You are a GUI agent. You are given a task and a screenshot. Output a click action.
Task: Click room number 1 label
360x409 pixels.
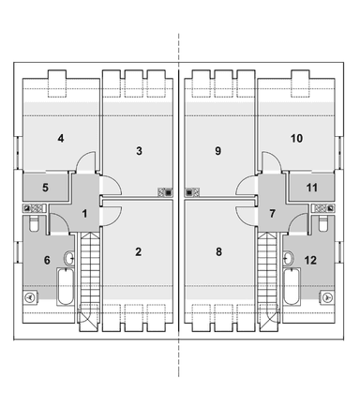tap(84, 214)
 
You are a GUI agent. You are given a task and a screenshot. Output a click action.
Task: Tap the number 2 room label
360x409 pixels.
tap(138, 251)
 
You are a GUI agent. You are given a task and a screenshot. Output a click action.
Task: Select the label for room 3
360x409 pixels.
tap(139, 151)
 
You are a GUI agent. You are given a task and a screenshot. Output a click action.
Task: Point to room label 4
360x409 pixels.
tap(61, 138)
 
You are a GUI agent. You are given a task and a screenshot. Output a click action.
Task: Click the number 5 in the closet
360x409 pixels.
tap(46, 188)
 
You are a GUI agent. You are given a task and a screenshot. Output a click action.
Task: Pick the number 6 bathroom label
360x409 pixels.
tap(47, 260)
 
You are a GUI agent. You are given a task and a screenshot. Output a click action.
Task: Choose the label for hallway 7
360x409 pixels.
tap(272, 214)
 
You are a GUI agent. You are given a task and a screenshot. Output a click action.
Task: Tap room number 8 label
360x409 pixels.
tap(218, 251)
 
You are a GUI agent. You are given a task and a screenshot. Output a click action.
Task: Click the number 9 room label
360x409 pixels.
tap(218, 151)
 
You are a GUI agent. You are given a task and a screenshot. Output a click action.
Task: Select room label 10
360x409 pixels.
tap(296, 138)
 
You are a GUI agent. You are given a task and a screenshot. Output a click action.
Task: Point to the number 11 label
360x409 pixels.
tap(312, 188)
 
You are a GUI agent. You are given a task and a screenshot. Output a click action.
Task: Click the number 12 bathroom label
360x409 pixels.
tap(310, 260)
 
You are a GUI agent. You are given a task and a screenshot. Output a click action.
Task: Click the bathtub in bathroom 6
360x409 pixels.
tap(66, 287)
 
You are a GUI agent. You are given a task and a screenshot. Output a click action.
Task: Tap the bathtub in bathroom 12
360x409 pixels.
tap(292, 287)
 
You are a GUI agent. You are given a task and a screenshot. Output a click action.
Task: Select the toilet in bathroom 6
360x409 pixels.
tap(33, 224)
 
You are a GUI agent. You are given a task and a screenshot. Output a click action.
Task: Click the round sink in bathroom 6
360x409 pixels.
tap(69, 259)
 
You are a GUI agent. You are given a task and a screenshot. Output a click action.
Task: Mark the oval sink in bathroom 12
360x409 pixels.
tap(289, 259)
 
